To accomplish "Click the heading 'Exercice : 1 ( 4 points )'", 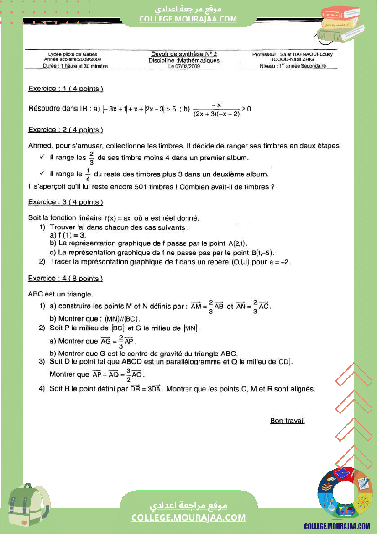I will coord(65,89).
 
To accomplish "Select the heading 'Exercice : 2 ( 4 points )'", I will coord(65,130).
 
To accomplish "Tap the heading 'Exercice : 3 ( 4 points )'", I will coord(65,202).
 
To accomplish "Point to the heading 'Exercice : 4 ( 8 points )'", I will coord(65,278).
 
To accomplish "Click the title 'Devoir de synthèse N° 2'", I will coord(184,54).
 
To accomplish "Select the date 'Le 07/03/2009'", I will coord(184,66).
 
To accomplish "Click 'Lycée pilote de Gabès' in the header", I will coord(73,54).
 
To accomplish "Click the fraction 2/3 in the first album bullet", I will coord(92,158).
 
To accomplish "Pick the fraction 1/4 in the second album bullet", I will coord(88,174).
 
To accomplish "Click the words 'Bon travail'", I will coord(287,421).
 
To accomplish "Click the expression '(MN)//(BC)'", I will coord(122,318).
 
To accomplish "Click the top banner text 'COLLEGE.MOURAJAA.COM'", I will coord(188,19).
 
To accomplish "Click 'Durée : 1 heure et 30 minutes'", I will coord(72,66).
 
